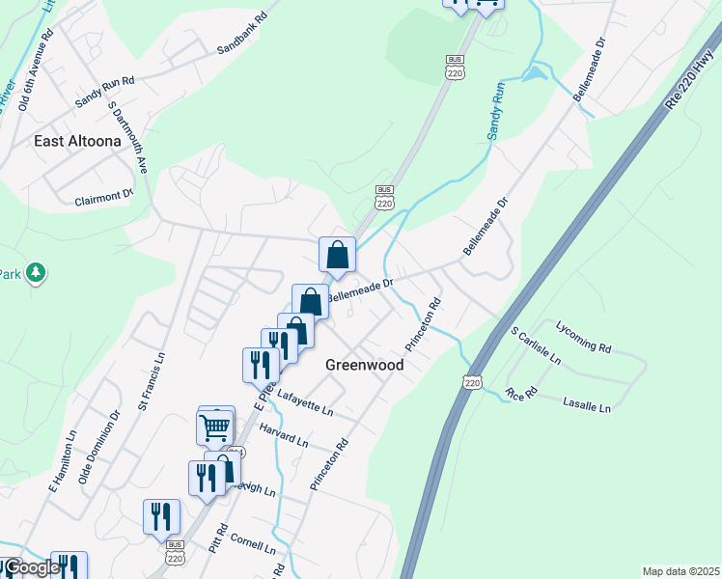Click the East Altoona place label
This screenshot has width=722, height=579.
tap(77, 141)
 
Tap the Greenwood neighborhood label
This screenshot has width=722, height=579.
tap(364, 365)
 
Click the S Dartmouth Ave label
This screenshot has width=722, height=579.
tap(127, 136)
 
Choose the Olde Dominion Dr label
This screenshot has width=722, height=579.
tap(99, 447)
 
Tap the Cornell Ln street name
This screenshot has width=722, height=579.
tap(253, 545)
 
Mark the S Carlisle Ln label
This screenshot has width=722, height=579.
tap(536, 345)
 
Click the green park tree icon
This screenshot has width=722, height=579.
tap(36, 273)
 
